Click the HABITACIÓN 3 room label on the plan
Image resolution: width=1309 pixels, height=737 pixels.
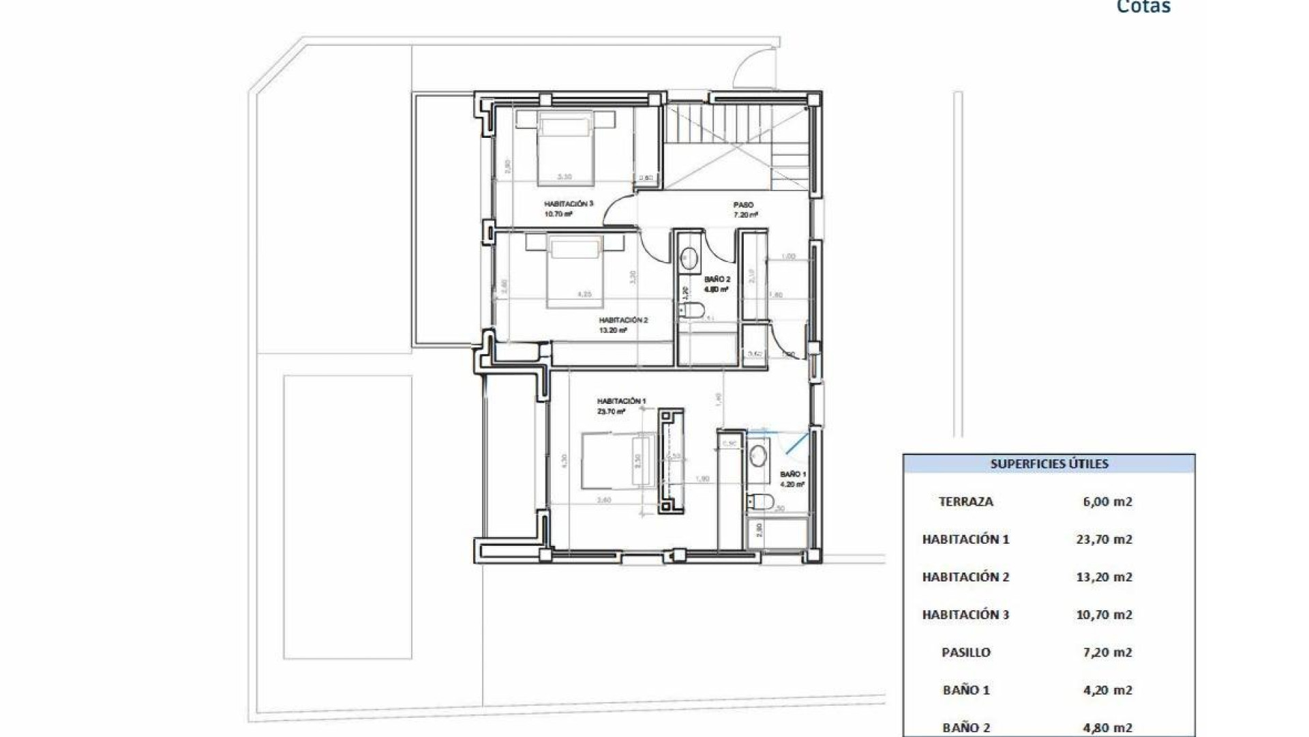pyautogui.click(x=569, y=204)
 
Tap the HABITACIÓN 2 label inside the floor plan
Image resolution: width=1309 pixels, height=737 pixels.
pyautogui.click(x=623, y=320)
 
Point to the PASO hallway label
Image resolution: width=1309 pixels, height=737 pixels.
pyautogui.click(x=743, y=205)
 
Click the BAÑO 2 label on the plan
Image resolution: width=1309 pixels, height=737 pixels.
pyautogui.click(x=717, y=279)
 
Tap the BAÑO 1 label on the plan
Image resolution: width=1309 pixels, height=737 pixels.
pyautogui.click(x=794, y=474)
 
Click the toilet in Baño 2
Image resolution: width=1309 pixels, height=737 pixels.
pyautogui.click(x=692, y=311)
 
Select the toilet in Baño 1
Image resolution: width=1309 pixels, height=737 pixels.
pyautogui.click(x=759, y=503)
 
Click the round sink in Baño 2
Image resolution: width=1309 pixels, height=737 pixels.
pyautogui.click(x=689, y=258)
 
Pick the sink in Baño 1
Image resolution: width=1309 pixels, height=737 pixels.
pyautogui.click(x=757, y=455)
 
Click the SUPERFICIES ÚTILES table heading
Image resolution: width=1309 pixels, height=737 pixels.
pyautogui.click(x=1049, y=464)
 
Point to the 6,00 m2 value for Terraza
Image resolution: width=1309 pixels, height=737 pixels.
pyautogui.click(x=1107, y=502)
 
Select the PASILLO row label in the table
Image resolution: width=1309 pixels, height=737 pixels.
pyautogui.click(x=965, y=652)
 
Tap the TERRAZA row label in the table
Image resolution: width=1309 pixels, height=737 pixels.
pyautogui.click(x=965, y=502)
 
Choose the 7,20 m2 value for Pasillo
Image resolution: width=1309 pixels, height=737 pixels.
pyautogui.click(x=1107, y=652)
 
